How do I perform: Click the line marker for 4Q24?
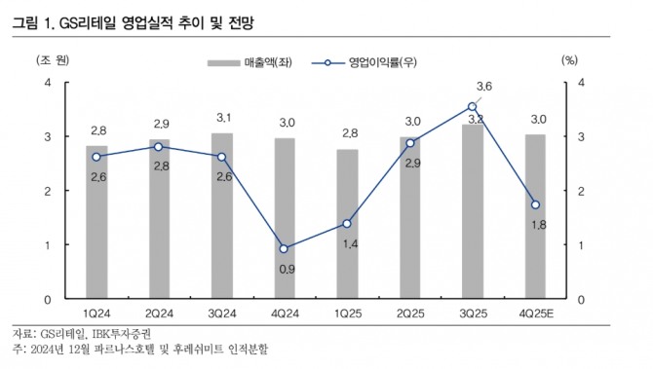(284, 248)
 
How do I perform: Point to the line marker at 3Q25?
(472, 106)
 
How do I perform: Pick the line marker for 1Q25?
(346, 223)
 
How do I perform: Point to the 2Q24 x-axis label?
(159, 314)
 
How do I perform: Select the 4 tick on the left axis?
(48, 83)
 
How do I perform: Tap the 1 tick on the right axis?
(582, 245)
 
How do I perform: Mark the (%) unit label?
(571, 58)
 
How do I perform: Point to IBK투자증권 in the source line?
(121, 332)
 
